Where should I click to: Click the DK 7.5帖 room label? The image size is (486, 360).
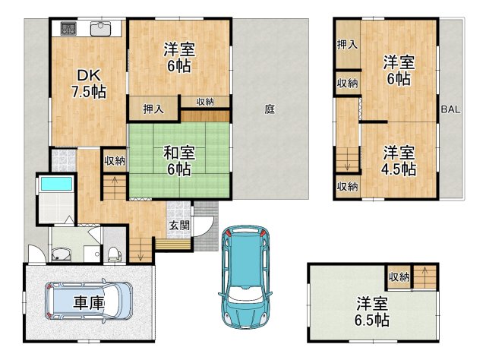tap(88, 84)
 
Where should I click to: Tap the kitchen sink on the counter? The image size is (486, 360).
tap(99, 29)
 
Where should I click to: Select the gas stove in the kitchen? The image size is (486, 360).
tap(68, 29)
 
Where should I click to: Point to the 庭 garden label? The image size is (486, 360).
tap(270, 109)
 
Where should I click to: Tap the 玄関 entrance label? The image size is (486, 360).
tap(180, 226)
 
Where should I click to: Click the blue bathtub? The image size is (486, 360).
tap(55, 184)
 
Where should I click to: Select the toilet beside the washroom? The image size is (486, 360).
tap(114, 253)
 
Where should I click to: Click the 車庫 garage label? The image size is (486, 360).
tap(89, 302)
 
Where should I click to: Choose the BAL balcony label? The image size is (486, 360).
tap(450, 109)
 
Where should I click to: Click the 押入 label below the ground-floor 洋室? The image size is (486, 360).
tap(154, 109)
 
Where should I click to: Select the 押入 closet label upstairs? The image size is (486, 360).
tap(347, 45)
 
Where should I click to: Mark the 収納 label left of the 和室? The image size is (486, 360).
tap(115, 160)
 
